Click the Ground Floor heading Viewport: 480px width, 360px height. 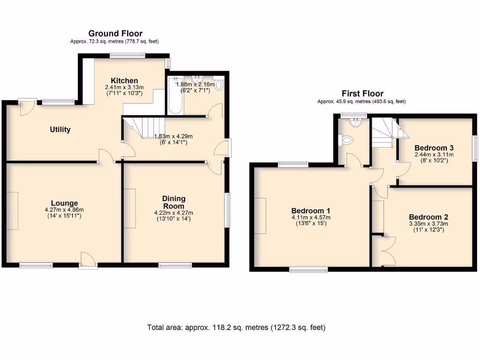point(115,33)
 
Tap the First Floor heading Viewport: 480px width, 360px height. point(362,94)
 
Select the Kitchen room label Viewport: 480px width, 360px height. point(124,81)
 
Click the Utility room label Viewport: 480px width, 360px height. point(60,129)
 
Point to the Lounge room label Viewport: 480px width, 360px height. point(65,203)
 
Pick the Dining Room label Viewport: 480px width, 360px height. point(173,202)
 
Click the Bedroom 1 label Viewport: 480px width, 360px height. point(311,210)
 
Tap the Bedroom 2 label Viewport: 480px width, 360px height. point(428,217)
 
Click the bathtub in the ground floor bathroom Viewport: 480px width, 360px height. point(175,96)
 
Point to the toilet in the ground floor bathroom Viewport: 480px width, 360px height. point(219,85)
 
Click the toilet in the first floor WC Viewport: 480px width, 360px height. point(347,140)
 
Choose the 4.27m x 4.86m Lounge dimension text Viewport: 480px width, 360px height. point(65,210)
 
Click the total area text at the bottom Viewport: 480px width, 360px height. point(236,327)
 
